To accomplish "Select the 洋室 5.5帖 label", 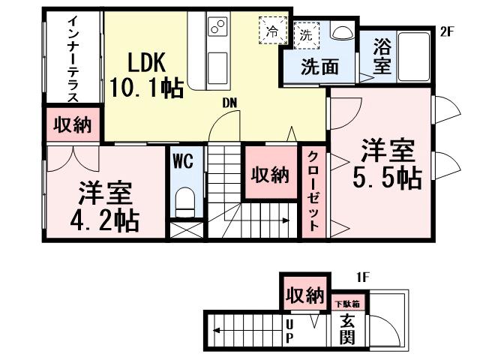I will pyautogui.click(x=387, y=164).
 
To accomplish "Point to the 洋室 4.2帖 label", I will pyautogui.click(x=105, y=206).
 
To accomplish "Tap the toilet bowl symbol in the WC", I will pyautogui.click(x=183, y=200).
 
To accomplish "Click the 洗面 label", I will pyautogui.click(x=319, y=67).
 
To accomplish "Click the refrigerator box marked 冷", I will pyautogui.click(x=272, y=32).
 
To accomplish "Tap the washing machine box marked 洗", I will pyautogui.click(x=307, y=34).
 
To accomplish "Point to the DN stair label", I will pyautogui.click(x=229, y=103).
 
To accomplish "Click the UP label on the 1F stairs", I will pyautogui.click(x=289, y=331).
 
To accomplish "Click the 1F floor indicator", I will pyautogui.click(x=363, y=277).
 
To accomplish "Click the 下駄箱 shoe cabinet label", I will pyautogui.click(x=346, y=304).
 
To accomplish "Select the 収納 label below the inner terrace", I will pyautogui.click(x=73, y=125).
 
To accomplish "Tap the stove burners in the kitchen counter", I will pyautogui.click(x=217, y=28).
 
